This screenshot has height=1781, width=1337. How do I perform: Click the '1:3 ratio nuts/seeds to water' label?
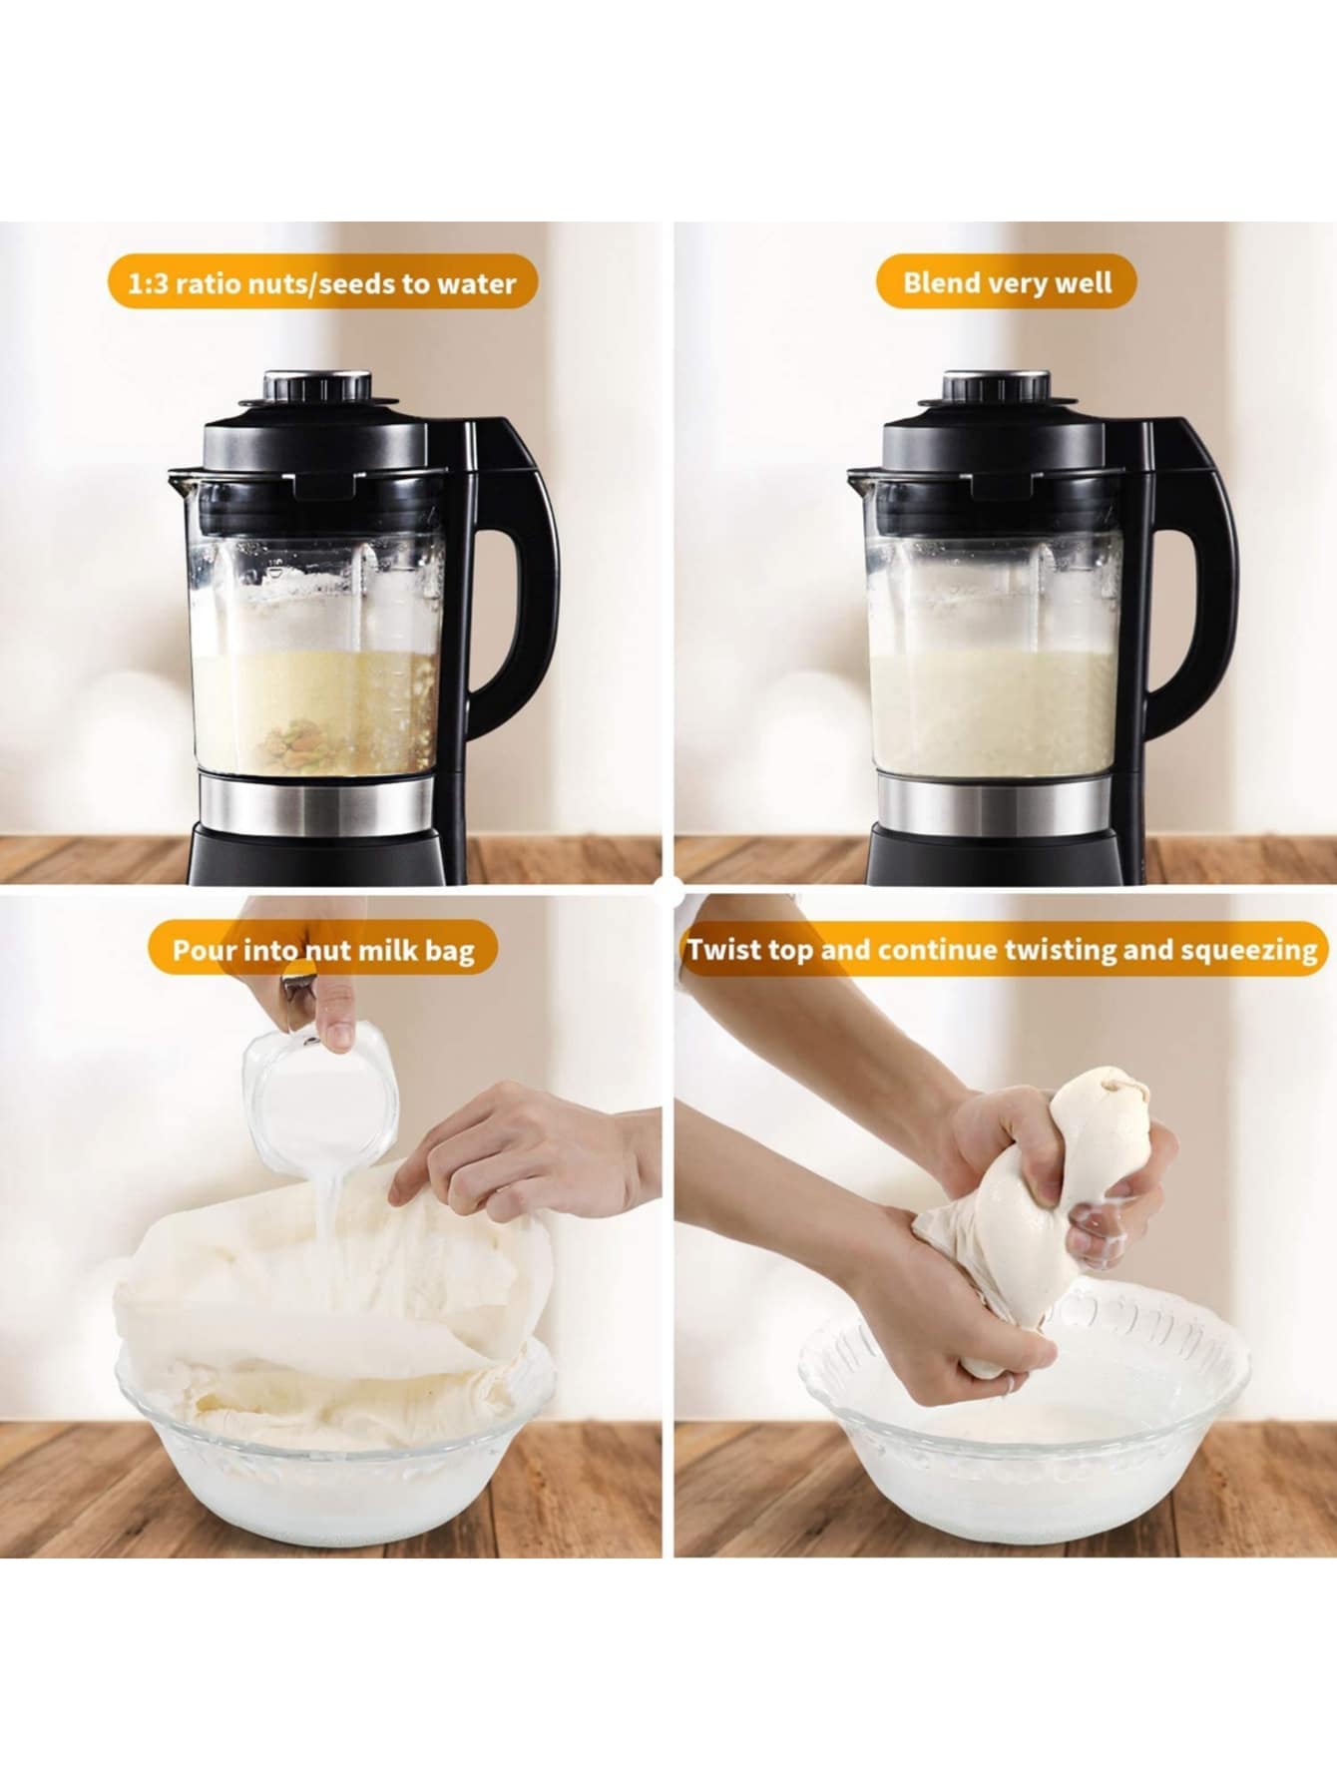point(322,282)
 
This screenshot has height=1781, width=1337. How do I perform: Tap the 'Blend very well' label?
point(1007,282)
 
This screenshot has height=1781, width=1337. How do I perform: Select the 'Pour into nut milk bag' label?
point(323,949)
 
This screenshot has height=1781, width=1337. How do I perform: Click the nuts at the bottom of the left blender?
point(298,741)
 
